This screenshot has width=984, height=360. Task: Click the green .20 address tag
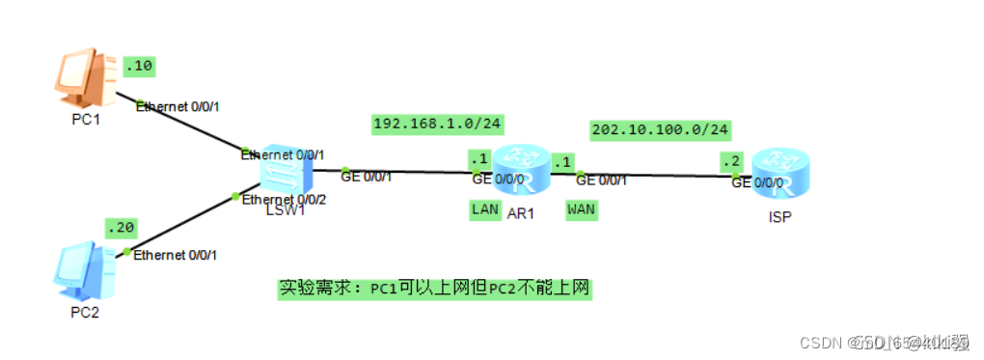[x=122, y=228]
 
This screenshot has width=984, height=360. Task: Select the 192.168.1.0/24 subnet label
[x=439, y=124]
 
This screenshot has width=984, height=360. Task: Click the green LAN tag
[x=484, y=208]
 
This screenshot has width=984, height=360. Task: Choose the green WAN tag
[x=581, y=208]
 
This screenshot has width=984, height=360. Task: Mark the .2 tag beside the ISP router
[x=734, y=161]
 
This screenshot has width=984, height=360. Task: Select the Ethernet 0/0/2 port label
[x=282, y=199]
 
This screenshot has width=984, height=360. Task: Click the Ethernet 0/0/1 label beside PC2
[x=176, y=255]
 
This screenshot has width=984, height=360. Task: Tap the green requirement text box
[x=434, y=288]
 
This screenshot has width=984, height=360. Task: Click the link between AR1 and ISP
[x=666, y=176]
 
